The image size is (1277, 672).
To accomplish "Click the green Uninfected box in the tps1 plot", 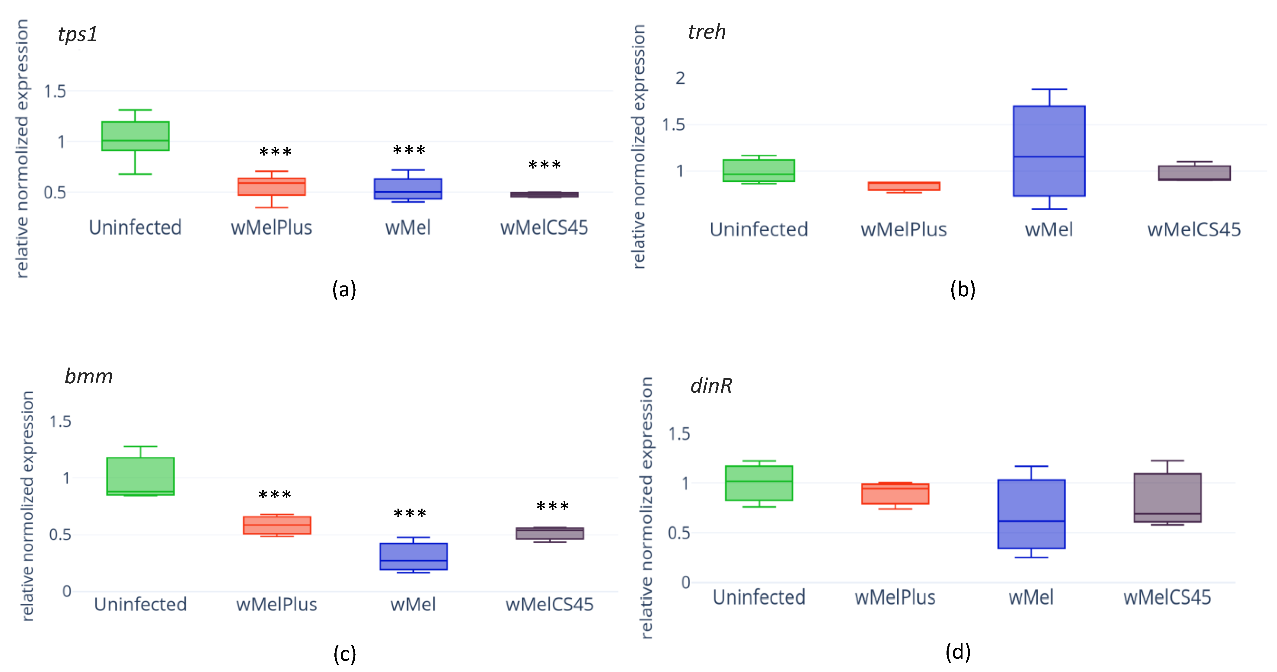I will (x=135, y=136).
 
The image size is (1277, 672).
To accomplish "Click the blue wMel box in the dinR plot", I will (x=1031, y=514).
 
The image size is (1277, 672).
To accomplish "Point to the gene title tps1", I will (x=77, y=34).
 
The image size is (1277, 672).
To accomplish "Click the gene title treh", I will (x=707, y=32).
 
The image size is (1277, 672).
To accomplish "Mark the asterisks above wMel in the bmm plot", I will (x=410, y=514).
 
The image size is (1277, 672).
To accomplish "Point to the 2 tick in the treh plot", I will (x=680, y=78).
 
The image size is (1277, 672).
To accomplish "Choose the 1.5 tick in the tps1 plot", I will (x=55, y=91).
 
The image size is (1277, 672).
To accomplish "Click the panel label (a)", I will (x=344, y=289).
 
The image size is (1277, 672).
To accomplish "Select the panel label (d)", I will (x=957, y=652).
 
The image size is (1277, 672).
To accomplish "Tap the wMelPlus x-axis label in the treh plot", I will (x=903, y=229).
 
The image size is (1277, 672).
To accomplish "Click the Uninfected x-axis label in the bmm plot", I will (x=140, y=604).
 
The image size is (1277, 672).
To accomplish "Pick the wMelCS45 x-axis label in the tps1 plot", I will (x=544, y=228).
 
